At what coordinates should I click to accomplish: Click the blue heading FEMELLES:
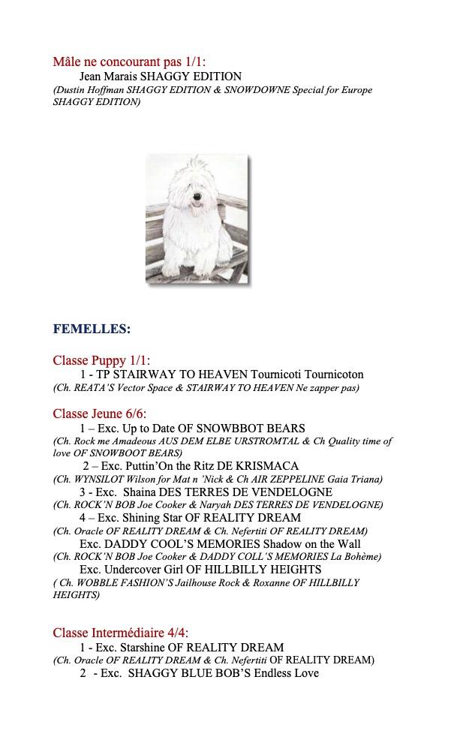92,329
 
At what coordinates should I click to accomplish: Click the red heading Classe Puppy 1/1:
101,360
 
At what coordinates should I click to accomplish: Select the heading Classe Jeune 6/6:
100,414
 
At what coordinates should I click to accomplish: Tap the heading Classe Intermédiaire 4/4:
121,633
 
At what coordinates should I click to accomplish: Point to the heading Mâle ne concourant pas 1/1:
129,62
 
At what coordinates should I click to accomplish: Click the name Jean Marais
107,77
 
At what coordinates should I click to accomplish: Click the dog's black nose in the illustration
197,200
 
